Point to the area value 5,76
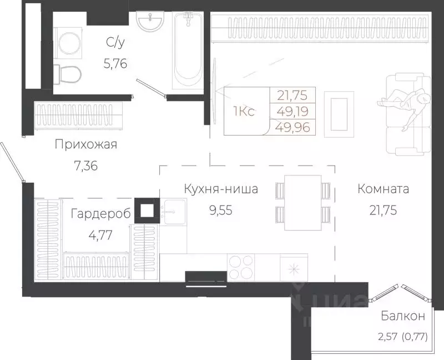(115, 63)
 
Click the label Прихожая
(86, 145)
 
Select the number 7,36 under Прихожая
(86, 165)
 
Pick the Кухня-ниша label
(221, 189)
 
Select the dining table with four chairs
(303, 202)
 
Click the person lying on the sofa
(405, 102)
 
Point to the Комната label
(383, 189)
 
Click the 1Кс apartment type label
(244, 112)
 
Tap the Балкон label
(403, 317)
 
